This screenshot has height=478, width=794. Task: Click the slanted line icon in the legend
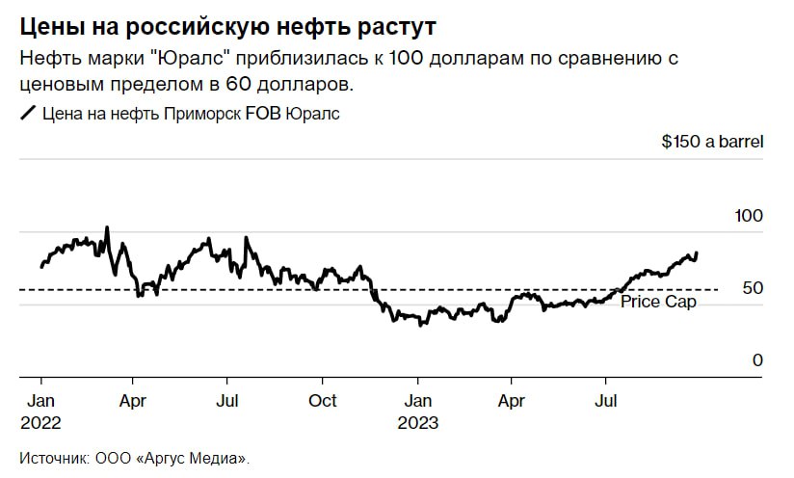[x=27, y=114]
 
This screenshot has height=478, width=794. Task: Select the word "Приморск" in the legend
[x=205, y=114]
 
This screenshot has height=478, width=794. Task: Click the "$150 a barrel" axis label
[x=712, y=142]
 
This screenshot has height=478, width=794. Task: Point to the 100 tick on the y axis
[x=749, y=215]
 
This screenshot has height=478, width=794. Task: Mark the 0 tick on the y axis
[x=757, y=360]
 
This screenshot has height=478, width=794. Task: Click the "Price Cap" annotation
[x=658, y=302]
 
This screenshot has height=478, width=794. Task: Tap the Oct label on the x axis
[x=323, y=401]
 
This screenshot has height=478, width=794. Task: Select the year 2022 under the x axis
[x=41, y=423]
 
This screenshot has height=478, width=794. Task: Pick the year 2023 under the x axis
[x=417, y=423]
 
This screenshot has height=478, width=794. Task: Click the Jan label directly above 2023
[x=417, y=401]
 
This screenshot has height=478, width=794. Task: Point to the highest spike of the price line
[x=107, y=228]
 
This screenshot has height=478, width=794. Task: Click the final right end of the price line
[x=697, y=252]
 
